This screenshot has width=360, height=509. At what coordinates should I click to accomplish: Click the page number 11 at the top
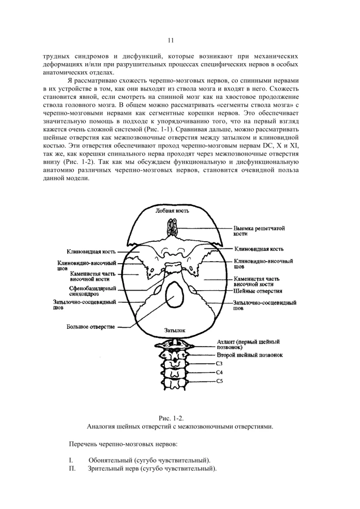[171, 40]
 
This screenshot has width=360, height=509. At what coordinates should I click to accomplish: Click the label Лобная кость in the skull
[172, 211]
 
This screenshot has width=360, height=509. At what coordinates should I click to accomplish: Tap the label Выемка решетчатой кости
[259, 231]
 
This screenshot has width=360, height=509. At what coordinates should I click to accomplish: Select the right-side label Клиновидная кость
[259, 249]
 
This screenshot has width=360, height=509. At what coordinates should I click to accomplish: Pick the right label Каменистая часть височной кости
[257, 281]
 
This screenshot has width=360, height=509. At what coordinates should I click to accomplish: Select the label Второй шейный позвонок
[250, 354]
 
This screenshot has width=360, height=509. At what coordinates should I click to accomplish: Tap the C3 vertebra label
[220, 363]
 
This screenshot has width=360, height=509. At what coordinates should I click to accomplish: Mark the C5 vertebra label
[220, 381]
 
